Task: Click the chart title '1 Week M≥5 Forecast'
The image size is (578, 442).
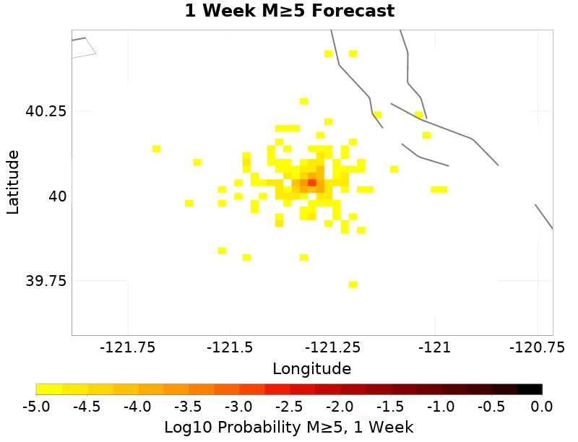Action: [x=289, y=12]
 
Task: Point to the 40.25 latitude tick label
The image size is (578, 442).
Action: [x=46, y=111]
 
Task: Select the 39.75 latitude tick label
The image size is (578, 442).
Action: [x=46, y=280]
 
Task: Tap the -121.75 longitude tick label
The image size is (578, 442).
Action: [x=128, y=347]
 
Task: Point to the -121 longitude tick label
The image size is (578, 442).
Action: [x=436, y=347]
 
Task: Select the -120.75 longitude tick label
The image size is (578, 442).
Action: [x=536, y=347]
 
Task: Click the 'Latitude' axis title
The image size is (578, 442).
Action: [x=13, y=182]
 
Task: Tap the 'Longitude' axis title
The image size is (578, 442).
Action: [x=311, y=368]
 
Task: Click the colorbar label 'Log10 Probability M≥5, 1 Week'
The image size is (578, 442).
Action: [x=289, y=428]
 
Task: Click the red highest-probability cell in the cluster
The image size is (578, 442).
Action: [x=312, y=182]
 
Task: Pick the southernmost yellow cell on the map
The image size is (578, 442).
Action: [x=353, y=285]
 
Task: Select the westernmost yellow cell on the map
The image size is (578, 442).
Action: [x=156, y=149]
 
